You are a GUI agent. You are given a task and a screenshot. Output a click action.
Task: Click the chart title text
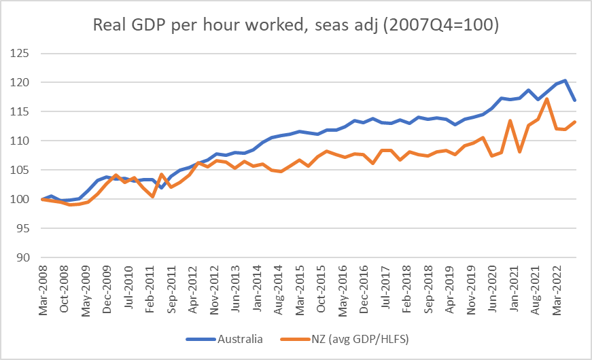[296, 26]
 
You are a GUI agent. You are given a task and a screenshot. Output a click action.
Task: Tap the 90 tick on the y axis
[27, 257]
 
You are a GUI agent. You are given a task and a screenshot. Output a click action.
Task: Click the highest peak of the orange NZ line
[547, 99]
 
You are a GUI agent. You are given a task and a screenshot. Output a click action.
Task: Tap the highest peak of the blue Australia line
[565, 81]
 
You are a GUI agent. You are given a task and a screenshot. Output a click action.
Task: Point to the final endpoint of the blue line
[574, 101]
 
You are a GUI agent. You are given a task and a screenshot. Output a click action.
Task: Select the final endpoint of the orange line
[574, 122]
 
